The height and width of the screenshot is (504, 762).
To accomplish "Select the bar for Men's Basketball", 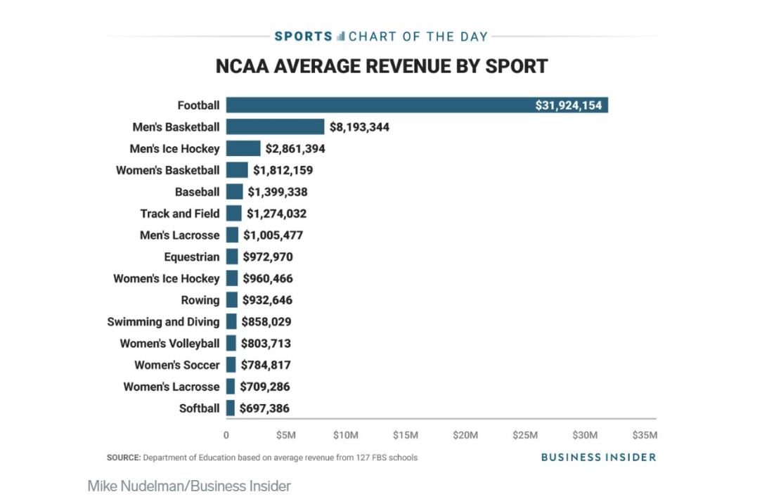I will click(x=275, y=127).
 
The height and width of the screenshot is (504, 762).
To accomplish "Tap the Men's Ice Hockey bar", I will click(x=243, y=149).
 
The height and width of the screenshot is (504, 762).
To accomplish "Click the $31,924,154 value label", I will click(x=568, y=105).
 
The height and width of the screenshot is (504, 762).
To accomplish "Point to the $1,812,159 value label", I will click(x=283, y=170).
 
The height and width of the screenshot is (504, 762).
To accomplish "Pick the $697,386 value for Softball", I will click(x=264, y=408).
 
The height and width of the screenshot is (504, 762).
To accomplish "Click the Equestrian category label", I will click(x=191, y=257).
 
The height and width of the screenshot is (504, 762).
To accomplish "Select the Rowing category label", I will click(x=200, y=300).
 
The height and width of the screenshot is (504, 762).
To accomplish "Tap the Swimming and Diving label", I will click(x=163, y=322).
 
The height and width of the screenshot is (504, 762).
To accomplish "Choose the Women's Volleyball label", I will click(x=169, y=344).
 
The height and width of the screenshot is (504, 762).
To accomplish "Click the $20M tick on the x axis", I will click(x=465, y=434).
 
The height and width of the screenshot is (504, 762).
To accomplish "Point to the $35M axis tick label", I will click(x=645, y=434).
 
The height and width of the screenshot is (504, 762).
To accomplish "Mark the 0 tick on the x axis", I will click(x=226, y=434).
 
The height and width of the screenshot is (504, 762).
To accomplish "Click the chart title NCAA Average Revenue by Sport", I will click(x=381, y=67).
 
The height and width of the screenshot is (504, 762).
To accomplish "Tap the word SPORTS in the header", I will click(x=303, y=37).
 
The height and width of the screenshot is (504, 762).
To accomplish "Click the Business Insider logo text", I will click(x=598, y=457).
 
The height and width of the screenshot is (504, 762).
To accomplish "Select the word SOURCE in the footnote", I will click(x=124, y=458).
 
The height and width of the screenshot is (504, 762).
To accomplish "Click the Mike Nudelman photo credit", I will click(x=189, y=486).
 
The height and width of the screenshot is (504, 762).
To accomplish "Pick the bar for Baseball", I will click(x=234, y=192).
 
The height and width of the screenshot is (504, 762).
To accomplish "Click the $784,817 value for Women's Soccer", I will click(x=266, y=366).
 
